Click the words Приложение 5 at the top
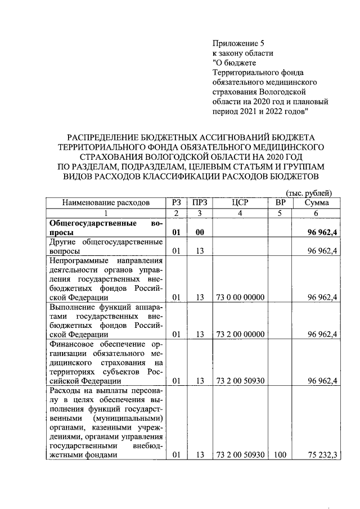coord(238,43)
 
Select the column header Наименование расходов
coord(106,202)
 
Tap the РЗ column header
coord(176,202)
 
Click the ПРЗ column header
coord(199,202)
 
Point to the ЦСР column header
coord(240,202)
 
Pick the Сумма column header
coord(316,202)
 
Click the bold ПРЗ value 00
coord(199,232)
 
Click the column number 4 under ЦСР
coord(240,213)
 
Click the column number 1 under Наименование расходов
coord(106,213)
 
